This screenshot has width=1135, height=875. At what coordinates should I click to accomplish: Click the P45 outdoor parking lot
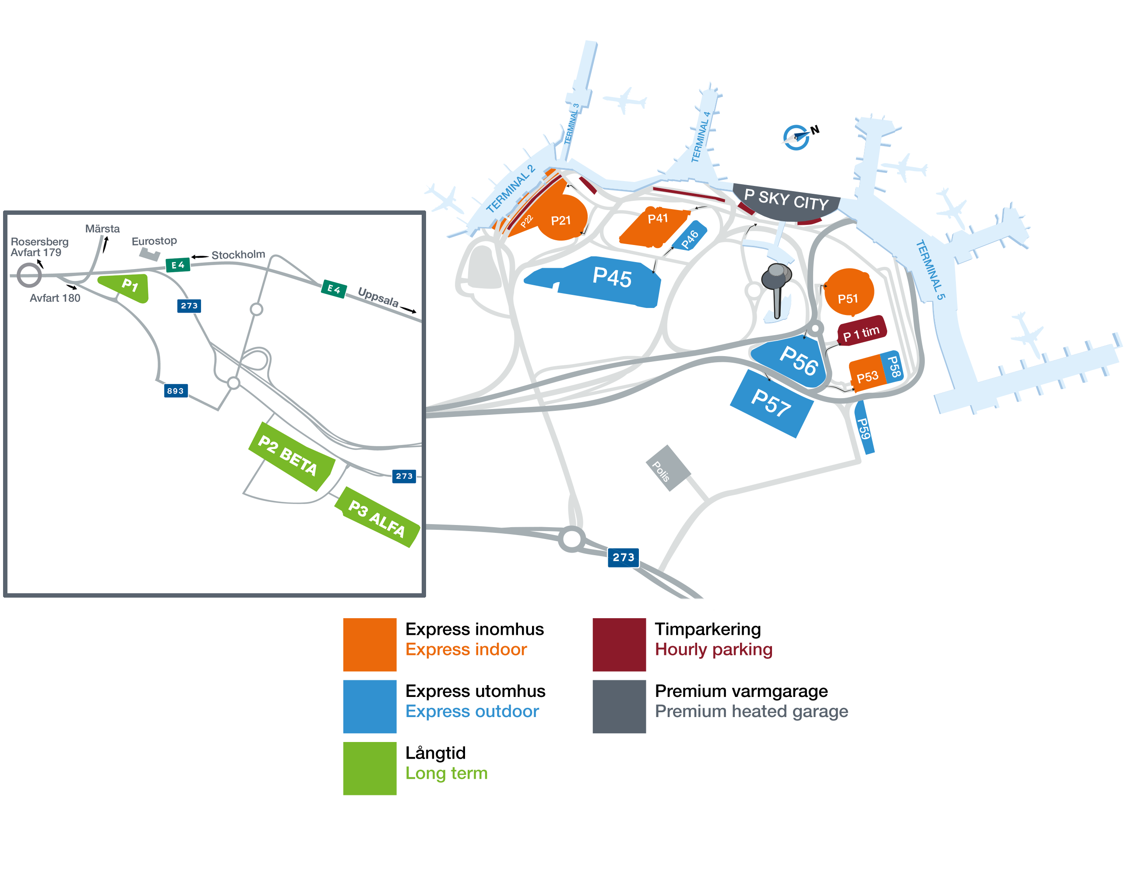(598, 282)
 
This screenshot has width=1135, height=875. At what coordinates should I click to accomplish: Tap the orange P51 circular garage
(848, 292)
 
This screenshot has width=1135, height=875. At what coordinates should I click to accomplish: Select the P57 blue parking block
(772, 403)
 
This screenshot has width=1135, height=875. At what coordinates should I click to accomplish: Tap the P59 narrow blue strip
(864, 427)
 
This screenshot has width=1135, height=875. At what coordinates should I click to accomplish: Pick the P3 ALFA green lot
(377, 517)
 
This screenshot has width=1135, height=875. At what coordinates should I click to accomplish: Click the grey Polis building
(668, 468)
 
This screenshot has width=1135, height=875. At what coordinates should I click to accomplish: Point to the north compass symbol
(799, 136)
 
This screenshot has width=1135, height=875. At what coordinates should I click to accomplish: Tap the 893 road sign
(176, 391)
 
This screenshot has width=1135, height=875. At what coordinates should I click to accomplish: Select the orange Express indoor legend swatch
(370, 644)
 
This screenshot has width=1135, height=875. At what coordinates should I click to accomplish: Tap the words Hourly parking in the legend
(713, 650)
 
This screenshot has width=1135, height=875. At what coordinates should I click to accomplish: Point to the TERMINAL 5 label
(930, 270)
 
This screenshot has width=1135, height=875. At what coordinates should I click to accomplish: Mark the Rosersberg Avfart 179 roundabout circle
(29, 275)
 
